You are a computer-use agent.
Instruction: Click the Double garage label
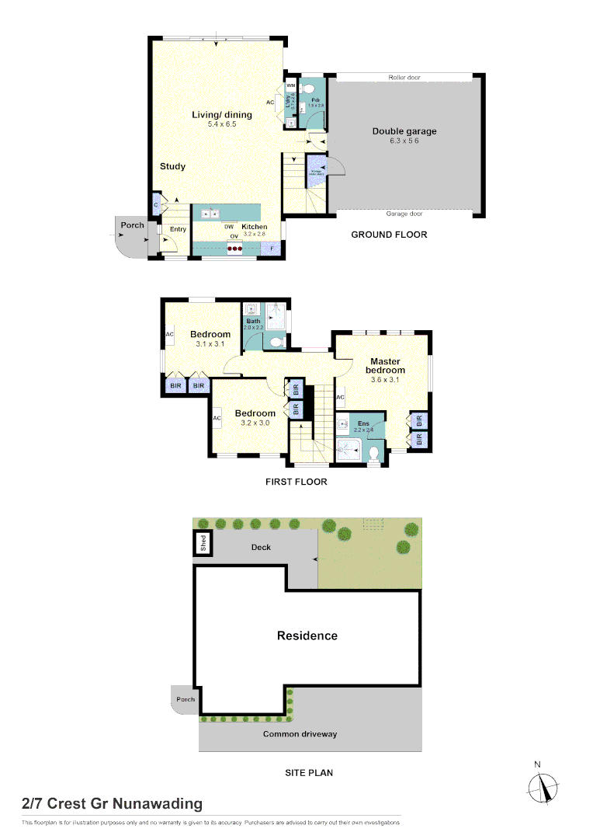pos(404,131)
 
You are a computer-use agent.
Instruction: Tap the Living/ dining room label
pos(222,115)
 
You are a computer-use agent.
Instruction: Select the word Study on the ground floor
pos(172,166)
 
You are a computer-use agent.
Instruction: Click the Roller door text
pos(404,78)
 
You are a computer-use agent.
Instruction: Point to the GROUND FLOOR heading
pos(389,235)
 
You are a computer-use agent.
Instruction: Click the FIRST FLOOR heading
pos(296,482)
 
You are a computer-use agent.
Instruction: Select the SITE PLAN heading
pos(310,773)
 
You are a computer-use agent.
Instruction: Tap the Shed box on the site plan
pos(203,542)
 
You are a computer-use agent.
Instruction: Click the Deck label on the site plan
pos(261,547)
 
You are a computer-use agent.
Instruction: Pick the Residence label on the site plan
pos(307,635)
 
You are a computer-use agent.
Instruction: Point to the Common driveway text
pos(300,733)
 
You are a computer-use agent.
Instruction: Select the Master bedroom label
pos(385,366)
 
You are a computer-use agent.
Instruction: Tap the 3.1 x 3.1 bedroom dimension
pos(210,343)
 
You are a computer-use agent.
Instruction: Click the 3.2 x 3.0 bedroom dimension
pos(255,423)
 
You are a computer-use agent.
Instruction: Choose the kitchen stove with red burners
pos(234,249)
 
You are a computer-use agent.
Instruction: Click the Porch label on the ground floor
pos(132,225)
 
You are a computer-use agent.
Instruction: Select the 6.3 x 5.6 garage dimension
pos(404,141)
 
